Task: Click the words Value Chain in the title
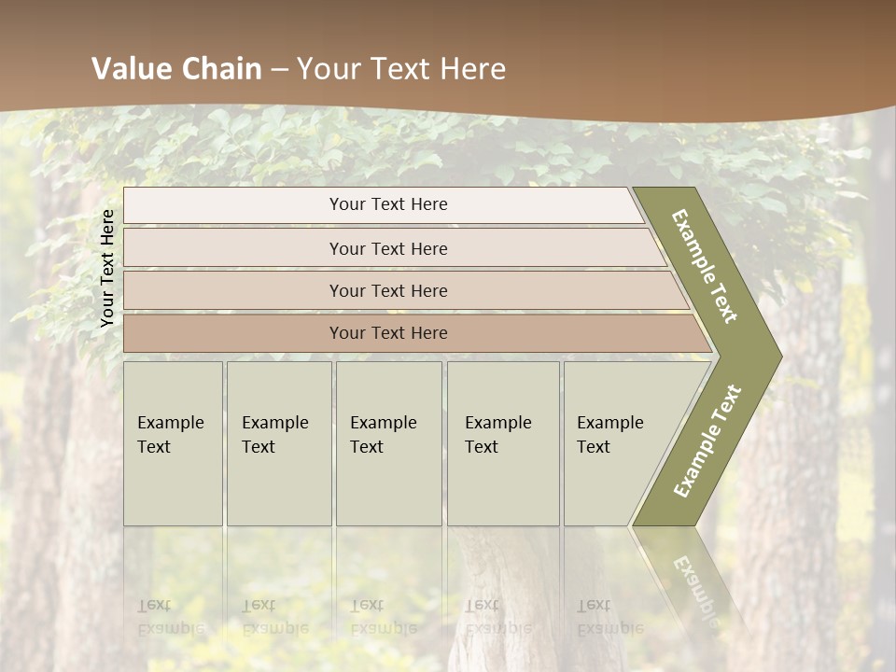[x=176, y=69]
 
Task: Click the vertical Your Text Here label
[x=107, y=268]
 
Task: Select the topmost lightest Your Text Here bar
[x=387, y=204]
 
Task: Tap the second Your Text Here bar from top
[x=387, y=248]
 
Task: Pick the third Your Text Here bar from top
[x=387, y=290]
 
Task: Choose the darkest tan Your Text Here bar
[x=387, y=333]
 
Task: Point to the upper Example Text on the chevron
[x=705, y=266]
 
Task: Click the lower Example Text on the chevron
[x=707, y=441]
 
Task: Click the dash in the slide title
[x=279, y=69]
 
